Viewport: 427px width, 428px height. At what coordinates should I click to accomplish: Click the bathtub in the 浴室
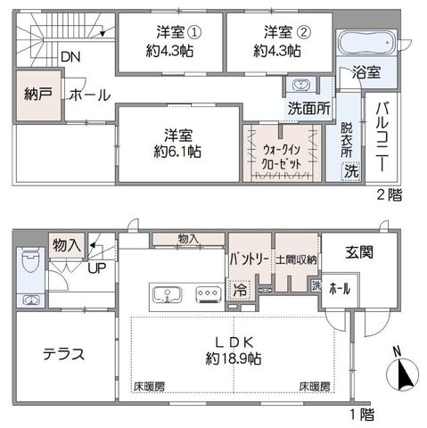[x=367, y=43]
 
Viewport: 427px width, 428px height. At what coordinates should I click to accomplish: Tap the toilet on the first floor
[x=30, y=260]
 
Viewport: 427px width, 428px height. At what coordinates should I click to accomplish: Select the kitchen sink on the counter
[x=168, y=295]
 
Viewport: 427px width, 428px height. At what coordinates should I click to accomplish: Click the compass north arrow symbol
[x=402, y=374]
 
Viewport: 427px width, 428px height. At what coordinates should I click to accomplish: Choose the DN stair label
[x=70, y=57]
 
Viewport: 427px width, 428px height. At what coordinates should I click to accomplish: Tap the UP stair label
[x=97, y=268]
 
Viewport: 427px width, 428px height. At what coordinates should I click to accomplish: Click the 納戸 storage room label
[x=38, y=95]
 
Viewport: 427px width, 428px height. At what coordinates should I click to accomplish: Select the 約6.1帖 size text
[x=177, y=152]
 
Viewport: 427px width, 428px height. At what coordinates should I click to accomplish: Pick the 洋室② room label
[x=287, y=32]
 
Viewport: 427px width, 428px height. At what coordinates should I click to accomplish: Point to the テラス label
[x=64, y=354]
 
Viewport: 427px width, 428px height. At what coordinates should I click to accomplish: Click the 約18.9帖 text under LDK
[x=234, y=358]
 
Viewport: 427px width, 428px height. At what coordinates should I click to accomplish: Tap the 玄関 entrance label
[x=359, y=252]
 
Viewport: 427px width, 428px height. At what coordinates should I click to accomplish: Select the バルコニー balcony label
[x=382, y=136]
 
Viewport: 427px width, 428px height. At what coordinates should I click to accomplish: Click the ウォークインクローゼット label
[x=282, y=157]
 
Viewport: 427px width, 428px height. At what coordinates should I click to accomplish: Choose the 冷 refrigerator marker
[x=240, y=289]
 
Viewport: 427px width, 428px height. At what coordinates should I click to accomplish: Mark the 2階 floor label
[x=390, y=194]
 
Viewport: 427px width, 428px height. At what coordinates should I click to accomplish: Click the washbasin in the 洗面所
[x=300, y=85]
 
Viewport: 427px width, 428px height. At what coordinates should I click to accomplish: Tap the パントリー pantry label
[x=250, y=259]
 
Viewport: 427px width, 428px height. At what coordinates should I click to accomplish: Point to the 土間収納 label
[x=296, y=259]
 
